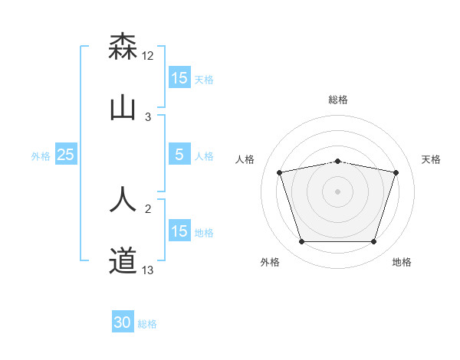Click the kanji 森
[123, 47]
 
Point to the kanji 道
[123, 260]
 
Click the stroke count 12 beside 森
[148, 56]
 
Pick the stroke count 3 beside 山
[148, 117]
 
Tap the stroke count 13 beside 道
[148, 270]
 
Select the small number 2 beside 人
[148, 208]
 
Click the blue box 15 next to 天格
[179, 77]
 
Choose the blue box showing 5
[179, 155]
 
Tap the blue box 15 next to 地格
[179, 231]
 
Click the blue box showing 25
[66, 155]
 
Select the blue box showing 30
[123, 323]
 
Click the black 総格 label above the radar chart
[338, 100]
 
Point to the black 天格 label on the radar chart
[432, 159]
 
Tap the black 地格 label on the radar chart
[402, 262]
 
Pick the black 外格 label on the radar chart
[270, 262]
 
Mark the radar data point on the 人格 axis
[280, 172]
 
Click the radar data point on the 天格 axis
[396, 172]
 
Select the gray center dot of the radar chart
[338, 191]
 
